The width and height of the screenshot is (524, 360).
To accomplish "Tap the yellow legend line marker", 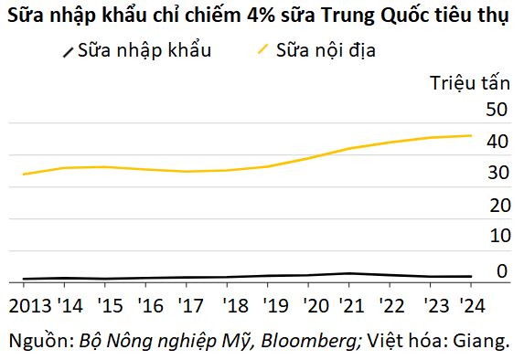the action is [x=263, y=49].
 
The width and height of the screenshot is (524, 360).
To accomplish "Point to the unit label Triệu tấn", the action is [x=470, y=83].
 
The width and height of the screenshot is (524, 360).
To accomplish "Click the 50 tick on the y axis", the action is [x=497, y=110].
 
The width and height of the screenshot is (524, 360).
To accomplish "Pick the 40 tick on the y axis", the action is [x=497, y=142].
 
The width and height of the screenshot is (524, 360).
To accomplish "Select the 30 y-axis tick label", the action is [x=498, y=173].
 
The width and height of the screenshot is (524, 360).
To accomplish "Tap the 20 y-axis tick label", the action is [x=500, y=205].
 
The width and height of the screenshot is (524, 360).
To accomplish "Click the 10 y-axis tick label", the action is [x=500, y=236].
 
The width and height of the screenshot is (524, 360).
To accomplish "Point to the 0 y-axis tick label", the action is [x=502, y=271].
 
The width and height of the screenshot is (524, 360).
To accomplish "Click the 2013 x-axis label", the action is [x=30, y=305].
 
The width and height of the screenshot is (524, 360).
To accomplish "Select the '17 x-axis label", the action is [x=190, y=305].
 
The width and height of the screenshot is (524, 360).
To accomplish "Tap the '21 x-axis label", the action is [x=351, y=305].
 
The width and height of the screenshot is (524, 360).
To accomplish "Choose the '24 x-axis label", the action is [x=472, y=305].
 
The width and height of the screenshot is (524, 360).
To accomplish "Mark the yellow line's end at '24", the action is [x=471, y=135].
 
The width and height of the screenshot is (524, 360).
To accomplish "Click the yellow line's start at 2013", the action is [x=24, y=175].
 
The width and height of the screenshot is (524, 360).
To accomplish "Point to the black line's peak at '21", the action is [x=349, y=273].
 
